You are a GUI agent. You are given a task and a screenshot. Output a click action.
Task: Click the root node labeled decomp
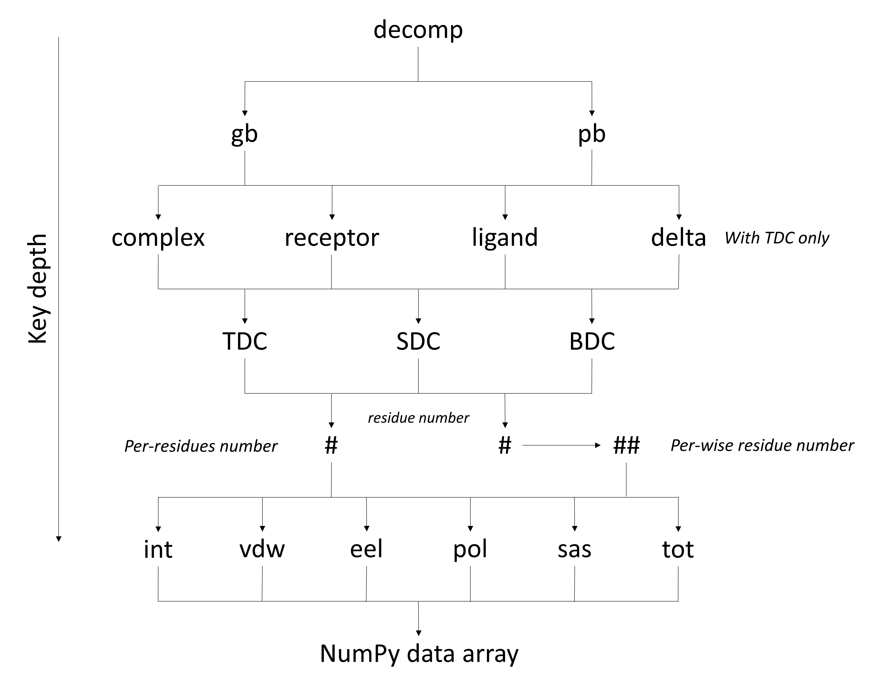[418, 30]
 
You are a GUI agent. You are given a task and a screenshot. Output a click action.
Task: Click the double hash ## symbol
[626, 445]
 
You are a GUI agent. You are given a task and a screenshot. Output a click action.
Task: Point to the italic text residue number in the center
[418, 418]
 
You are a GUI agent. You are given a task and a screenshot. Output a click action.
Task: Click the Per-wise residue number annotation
[762, 445]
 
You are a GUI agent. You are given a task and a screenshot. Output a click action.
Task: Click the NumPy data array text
[419, 654]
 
